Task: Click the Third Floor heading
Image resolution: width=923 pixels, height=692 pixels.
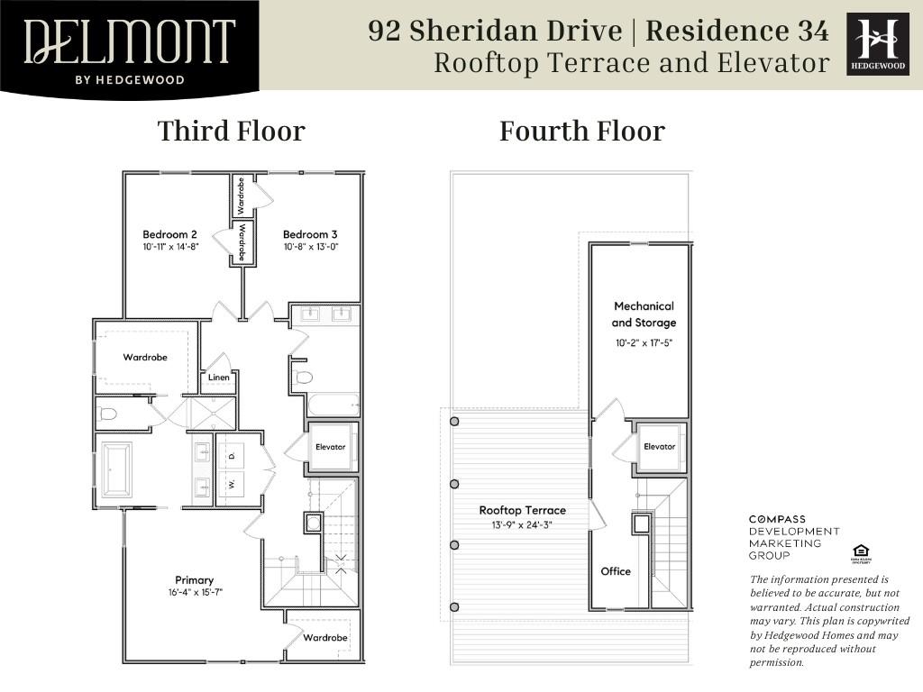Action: tap(232, 132)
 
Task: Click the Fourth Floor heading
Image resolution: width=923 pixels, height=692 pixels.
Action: tap(582, 132)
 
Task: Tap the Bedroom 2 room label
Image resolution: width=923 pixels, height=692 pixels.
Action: tap(170, 235)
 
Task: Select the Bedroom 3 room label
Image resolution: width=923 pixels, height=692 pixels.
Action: tap(310, 235)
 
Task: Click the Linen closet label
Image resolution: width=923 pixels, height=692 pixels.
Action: tap(219, 378)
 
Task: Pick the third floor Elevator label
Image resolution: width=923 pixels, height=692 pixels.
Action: tap(331, 447)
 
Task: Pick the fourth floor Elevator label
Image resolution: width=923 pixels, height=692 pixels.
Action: tap(660, 447)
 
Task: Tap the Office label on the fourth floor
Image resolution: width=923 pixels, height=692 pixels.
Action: tap(616, 571)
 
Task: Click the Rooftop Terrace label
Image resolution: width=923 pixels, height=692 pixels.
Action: tap(523, 510)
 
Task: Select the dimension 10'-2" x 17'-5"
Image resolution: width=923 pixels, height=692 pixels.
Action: tap(644, 343)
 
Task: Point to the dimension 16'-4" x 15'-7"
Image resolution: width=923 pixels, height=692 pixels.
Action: tap(195, 593)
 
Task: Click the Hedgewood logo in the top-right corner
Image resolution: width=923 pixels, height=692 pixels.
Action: tap(878, 44)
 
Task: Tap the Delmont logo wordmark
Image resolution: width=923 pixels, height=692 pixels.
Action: tap(130, 41)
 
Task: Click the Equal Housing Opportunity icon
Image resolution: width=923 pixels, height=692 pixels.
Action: tap(859, 552)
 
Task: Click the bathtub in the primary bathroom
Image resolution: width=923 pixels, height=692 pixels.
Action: tap(116, 469)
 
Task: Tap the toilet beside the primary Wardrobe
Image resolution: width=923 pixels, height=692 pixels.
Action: tap(108, 414)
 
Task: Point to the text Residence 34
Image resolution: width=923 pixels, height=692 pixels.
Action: tap(737, 31)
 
